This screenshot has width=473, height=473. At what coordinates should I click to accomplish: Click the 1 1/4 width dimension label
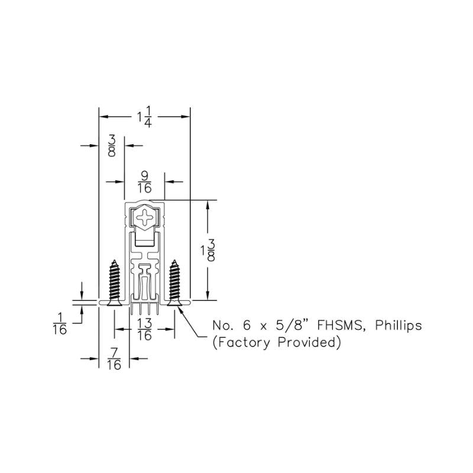pos(145,116)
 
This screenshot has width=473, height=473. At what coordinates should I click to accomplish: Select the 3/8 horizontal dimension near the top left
pos(112,145)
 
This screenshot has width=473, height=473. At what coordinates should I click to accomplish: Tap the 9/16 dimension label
pos(144,182)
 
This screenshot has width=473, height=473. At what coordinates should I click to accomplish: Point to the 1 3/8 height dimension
pos(208,250)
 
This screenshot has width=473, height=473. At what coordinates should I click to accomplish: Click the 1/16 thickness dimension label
pos(60,323)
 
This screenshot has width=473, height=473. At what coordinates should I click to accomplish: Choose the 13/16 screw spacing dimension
pos(144,329)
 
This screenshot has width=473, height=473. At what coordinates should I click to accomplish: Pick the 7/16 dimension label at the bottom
pos(114,359)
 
